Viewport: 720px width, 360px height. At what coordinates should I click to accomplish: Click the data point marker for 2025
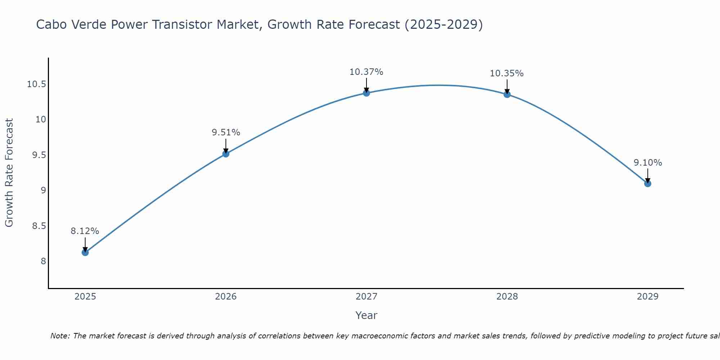pos(85,252)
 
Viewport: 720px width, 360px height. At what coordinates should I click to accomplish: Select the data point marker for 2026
pos(226,154)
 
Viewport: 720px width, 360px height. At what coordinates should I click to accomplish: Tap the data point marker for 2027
pos(366,93)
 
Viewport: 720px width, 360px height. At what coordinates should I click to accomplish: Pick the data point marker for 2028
pos(507,94)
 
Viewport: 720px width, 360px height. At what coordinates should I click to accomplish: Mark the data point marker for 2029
pos(648,184)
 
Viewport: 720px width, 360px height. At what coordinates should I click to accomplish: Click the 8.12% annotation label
pos(85,231)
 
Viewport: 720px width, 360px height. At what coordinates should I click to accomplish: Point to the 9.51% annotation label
pos(226,132)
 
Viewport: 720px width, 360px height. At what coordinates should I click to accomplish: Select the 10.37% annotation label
pos(366,72)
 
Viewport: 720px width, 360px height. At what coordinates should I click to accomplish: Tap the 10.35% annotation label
pos(507,73)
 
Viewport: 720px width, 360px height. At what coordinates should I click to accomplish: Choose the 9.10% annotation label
pos(648,163)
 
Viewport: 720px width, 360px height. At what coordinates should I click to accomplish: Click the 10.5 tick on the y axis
pos(36,85)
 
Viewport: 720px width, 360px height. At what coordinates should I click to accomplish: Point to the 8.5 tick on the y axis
pos(39,226)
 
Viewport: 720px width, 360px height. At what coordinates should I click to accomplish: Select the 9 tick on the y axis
pos(43,190)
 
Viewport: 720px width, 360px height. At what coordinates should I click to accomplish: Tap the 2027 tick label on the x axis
pos(366,297)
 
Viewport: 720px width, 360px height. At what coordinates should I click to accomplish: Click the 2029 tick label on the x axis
pos(648,297)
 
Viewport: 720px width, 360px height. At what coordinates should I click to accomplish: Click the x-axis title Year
pos(366,315)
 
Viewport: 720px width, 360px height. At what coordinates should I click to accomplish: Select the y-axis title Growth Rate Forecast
pos(9,172)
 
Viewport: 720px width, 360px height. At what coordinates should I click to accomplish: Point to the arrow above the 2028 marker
pos(507,86)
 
